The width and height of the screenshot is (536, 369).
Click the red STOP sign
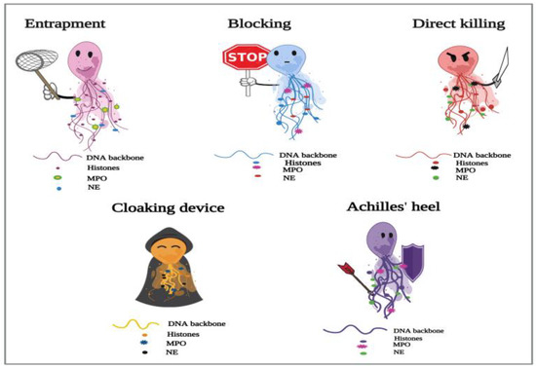[242, 58]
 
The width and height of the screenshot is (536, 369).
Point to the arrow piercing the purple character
[352, 277]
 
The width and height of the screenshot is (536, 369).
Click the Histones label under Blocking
[300, 162]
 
